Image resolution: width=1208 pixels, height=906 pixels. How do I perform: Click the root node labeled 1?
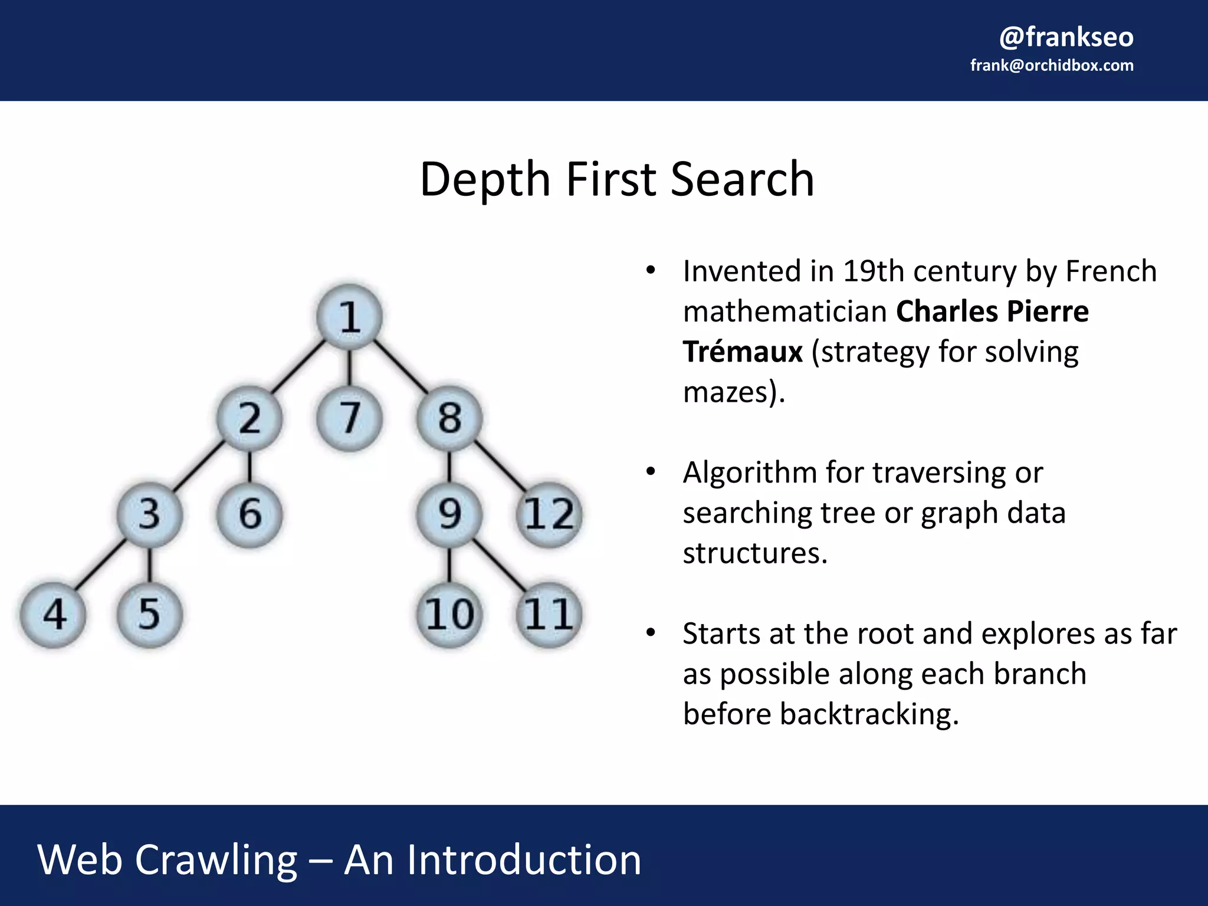pos(349,317)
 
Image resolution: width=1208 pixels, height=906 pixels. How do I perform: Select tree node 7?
pos(349,418)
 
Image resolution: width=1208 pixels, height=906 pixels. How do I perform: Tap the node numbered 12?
pos(549,514)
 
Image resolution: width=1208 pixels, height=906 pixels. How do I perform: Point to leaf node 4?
pos(53,614)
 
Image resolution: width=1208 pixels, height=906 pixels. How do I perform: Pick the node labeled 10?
pos(449,614)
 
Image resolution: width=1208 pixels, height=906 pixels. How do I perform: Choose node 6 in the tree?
pos(250,514)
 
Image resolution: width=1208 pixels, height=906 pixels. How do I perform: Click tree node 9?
pos(449,514)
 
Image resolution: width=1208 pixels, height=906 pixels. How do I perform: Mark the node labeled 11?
pos(549,614)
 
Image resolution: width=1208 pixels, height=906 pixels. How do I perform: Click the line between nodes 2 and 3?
pos(199,466)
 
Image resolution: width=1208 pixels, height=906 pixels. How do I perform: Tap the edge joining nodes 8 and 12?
pos(500,466)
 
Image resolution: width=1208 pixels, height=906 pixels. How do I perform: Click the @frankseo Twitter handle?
pos(1066,37)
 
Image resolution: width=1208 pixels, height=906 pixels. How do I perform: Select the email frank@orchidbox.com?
pos(1052,65)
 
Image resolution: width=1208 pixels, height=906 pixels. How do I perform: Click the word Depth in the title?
pos(485,179)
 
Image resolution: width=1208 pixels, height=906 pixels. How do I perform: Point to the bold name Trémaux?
pos(743,352)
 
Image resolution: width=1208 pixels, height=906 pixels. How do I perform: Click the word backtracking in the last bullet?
pos(869,714)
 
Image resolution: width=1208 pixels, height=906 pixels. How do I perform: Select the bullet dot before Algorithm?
pos(651,472)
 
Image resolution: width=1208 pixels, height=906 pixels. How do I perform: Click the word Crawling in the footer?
pos(216,860)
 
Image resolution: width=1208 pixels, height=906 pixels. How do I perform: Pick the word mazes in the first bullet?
pos(726,392)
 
